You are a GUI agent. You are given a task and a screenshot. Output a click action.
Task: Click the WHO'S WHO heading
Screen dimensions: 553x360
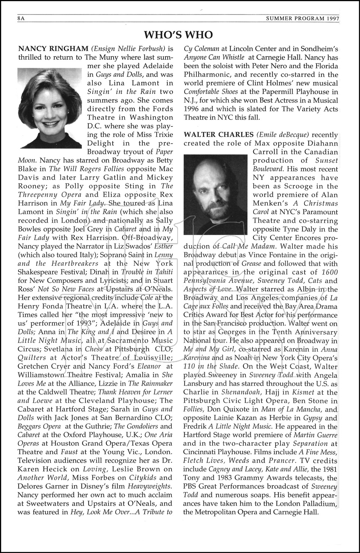click(178, 35)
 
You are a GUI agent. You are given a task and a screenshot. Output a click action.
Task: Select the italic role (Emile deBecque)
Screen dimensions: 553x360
click(288, 135)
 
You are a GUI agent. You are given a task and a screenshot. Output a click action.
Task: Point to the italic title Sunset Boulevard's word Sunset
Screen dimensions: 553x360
click(326, 160)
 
